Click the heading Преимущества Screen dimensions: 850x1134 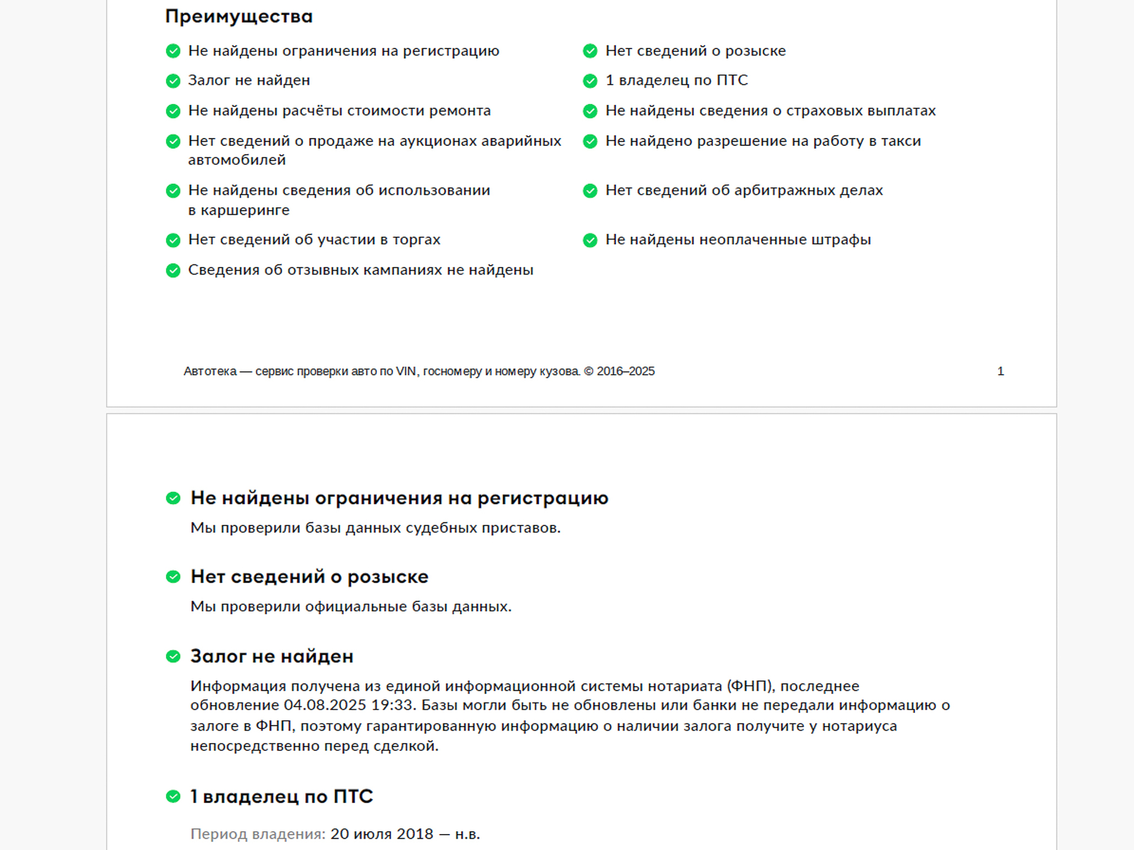[x=239, y=17]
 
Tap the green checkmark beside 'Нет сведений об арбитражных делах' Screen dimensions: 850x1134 [x=590, y=191]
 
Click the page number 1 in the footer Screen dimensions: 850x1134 [x=1001, y=371]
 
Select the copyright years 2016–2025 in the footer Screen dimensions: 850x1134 [x=625, y=371]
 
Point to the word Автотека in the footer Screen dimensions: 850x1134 [x=210, y=371]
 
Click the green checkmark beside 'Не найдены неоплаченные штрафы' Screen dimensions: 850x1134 [x=590, y=240]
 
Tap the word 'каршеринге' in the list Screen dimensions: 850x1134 [x=245, y=210]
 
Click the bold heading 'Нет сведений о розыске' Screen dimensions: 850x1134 [x=309, y=577]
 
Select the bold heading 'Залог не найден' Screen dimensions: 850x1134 [x=272, y=656]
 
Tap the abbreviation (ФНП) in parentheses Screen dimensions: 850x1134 [x=750, y=686]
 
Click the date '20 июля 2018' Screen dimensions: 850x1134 [x=382, y=834]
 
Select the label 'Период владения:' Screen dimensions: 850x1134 [x=258, y=834]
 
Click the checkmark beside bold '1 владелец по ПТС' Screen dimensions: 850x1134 [x=173, y=797]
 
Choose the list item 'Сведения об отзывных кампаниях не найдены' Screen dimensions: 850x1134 [x=360, y=270]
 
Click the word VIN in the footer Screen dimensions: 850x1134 [x=406, y=371]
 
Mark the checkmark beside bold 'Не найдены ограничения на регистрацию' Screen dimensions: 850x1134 [x=173, y=498]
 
